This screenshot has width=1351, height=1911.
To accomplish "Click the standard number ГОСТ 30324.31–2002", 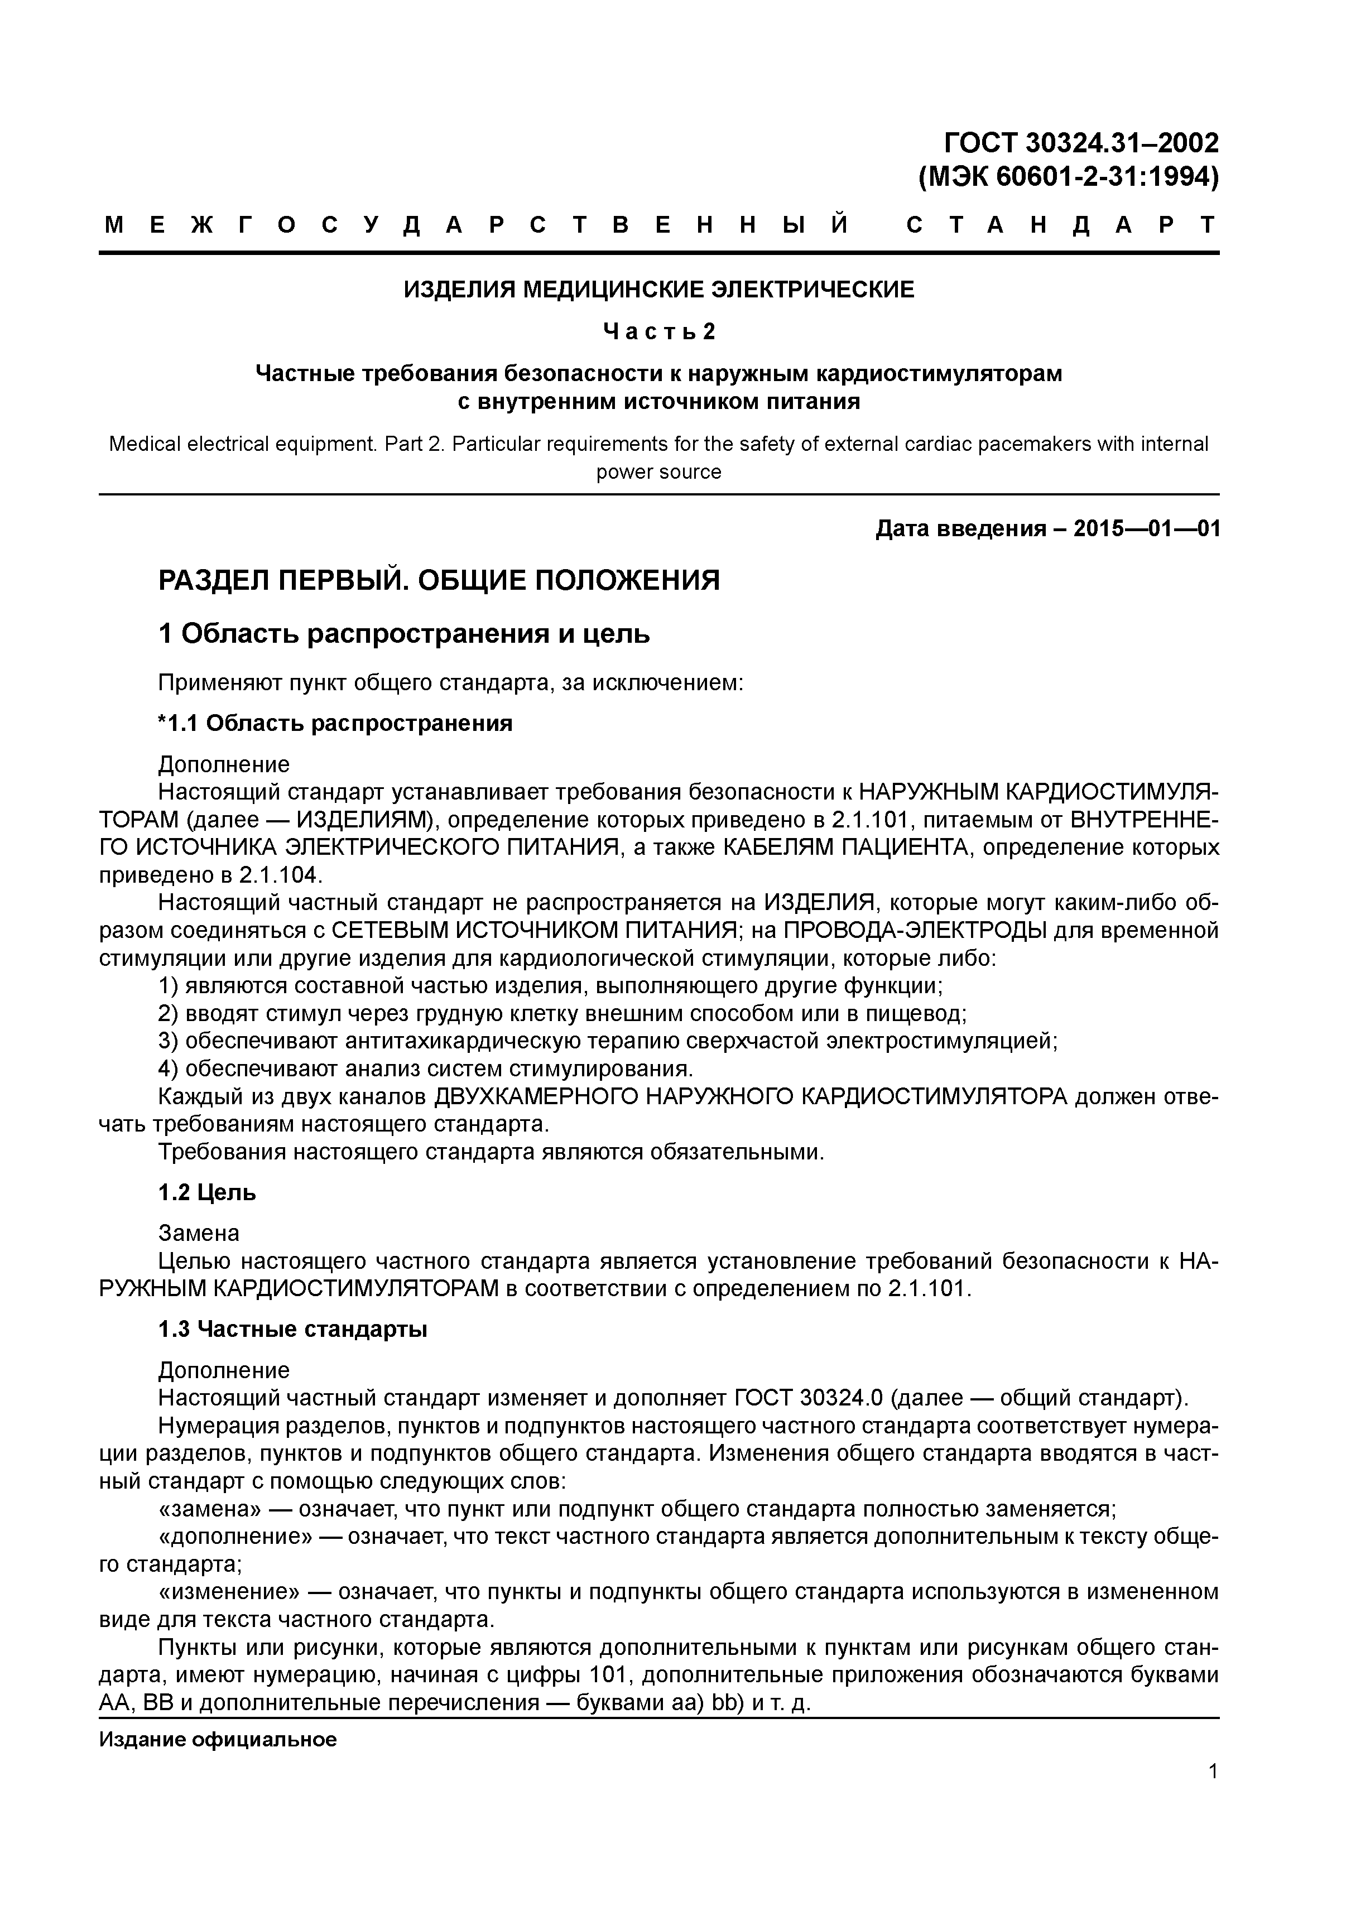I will [x=1080, y=143].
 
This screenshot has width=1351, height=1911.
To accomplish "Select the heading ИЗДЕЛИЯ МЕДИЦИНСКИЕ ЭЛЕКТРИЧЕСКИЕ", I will [x=658, y=290].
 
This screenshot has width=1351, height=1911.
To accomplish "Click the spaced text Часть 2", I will [x=658, y=332].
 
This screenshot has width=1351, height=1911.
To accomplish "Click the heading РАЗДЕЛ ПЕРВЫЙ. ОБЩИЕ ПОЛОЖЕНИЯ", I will [x=439, y=580].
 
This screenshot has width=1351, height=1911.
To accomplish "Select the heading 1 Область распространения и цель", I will [x=403, y=634].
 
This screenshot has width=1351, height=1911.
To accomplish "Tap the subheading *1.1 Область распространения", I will [x=335, y=723].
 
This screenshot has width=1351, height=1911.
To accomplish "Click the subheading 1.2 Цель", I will [x=206, y=1193].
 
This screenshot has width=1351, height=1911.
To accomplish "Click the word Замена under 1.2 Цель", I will [x=199, y=1233].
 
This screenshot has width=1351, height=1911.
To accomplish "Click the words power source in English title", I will [x=658, y=472].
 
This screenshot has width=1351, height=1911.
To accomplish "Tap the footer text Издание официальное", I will [x=218, y=1740].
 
